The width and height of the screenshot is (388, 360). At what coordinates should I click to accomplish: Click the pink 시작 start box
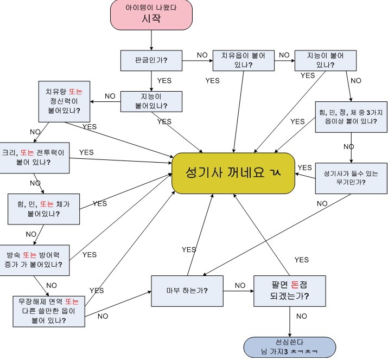[152, 15]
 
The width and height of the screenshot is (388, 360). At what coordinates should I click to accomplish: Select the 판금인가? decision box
[151, 60]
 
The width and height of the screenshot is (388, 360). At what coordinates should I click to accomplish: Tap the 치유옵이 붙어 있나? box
[244, 60]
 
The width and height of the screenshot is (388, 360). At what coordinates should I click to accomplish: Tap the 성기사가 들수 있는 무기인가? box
[351, 178]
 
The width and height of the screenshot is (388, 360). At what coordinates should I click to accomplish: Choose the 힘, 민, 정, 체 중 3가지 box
[352, 117]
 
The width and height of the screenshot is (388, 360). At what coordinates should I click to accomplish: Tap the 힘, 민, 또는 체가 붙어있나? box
[43, 208]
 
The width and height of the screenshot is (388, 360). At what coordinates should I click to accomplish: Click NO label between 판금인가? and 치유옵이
[202, 55]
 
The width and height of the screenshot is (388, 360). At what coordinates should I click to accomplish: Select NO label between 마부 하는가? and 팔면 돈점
[240, 285]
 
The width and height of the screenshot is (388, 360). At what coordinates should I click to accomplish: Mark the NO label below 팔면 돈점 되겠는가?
[302, 316]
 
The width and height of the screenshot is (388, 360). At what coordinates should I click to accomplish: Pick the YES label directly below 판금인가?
[164, 81]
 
